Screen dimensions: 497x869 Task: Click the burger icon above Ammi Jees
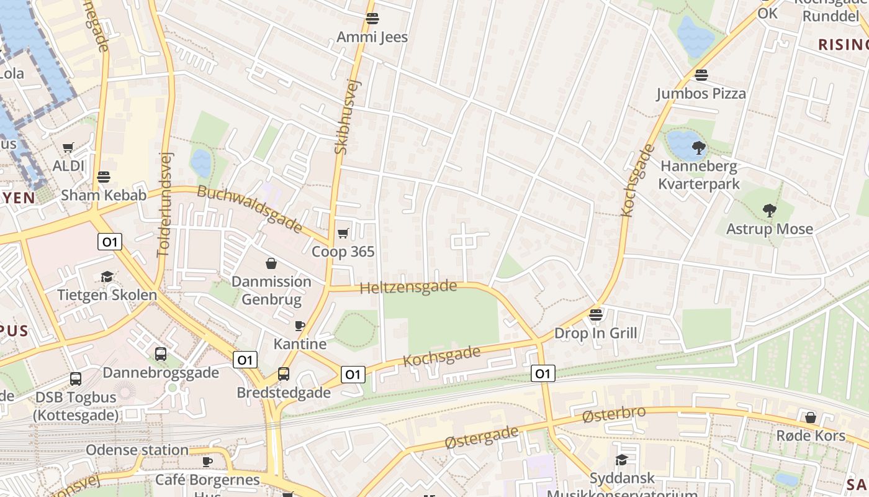point(372,19)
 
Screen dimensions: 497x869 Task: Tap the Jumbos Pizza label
point(701,94)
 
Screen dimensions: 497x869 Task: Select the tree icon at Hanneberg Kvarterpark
point(699,148)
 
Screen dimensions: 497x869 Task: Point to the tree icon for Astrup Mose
point(770,211)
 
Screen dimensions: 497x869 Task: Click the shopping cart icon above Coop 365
point(343,233)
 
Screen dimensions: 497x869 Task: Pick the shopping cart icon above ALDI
point(68,147)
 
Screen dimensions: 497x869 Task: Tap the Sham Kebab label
point(104,195)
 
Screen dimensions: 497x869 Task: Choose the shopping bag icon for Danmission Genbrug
point(271,263)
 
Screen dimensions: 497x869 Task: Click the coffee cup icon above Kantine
point(300,326)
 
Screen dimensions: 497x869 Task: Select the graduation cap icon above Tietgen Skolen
point(107,276)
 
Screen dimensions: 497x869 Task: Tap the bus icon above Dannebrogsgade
point(161,354)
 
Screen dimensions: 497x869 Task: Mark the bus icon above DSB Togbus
point(76,378)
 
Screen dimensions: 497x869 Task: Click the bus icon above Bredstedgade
point(284,374)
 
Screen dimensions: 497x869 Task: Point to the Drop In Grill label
point(595,333)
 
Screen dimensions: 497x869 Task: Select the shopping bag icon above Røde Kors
point(811,417)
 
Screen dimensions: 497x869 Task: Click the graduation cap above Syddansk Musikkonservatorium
point(621,460)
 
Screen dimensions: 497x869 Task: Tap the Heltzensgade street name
point(408,288)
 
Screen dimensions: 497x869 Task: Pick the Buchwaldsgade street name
point(250,208)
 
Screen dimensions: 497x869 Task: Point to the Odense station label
point(137,450)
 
